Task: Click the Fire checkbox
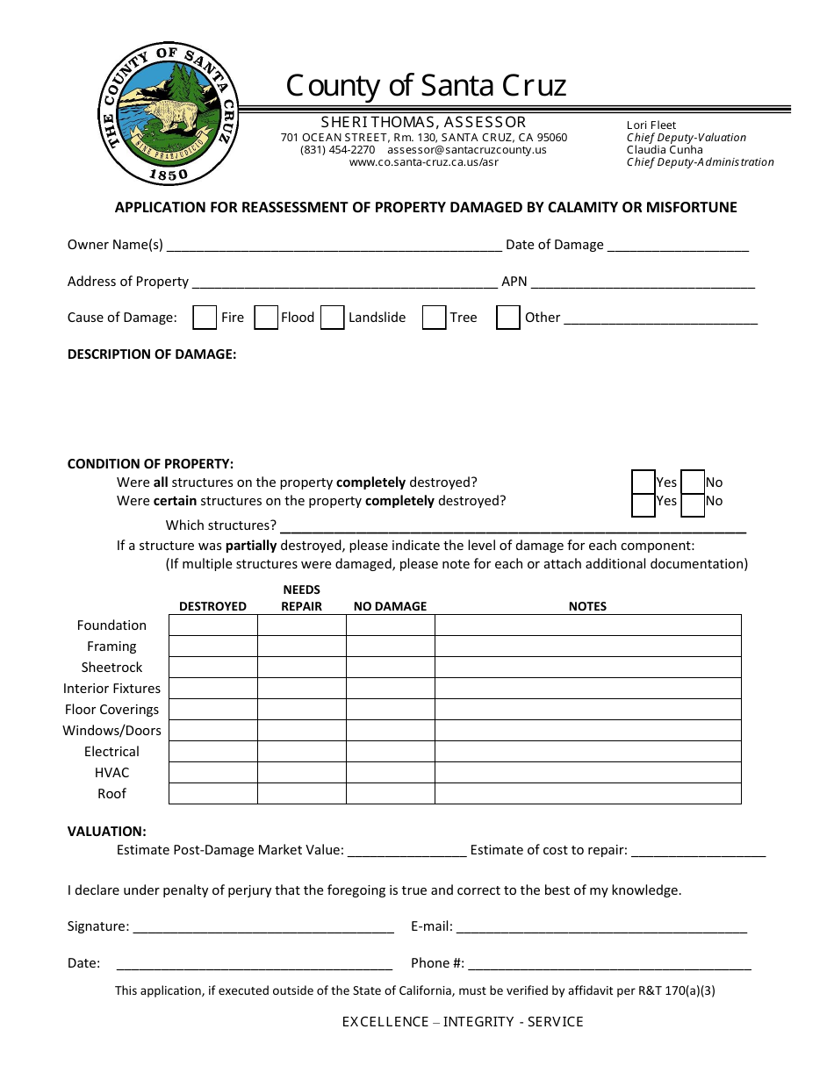[205, 318]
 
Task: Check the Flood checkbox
[266, 318]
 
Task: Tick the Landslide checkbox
[332, 318]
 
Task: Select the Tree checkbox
[435, 318]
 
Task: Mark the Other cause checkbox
[508, 318]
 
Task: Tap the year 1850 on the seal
[168, 175]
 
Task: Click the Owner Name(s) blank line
[334, 246]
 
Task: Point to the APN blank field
[643, 282]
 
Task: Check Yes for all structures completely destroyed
[643, 482]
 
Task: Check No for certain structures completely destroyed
[693, 502]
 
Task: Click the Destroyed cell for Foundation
[212, 625]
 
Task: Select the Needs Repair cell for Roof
[302, 794]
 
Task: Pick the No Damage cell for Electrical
[391, 752]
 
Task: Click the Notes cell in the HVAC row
[587, 773]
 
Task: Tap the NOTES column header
[587, 606]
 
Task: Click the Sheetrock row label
[111, 668]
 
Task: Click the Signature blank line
[262, 927]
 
